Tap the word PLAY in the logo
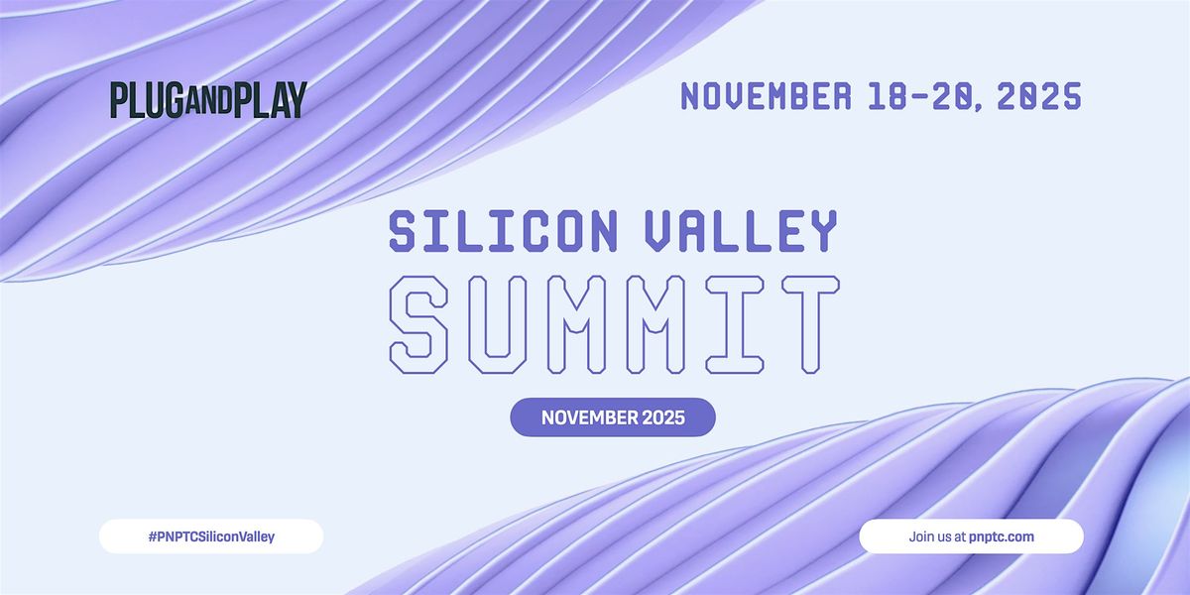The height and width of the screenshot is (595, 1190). [x=270, y=100]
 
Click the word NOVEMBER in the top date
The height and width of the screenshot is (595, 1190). [x=765, y=96]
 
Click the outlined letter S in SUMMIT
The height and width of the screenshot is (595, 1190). [x=424, y=325]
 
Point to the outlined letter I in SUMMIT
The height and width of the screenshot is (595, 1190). [x=738, y=325]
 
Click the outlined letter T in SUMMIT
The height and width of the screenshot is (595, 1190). [x=804, y=325]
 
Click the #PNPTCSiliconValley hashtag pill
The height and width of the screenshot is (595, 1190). [x=211, y=536]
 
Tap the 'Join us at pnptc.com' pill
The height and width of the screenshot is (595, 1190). [x=971, y=536]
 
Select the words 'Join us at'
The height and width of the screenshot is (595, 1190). [x=937, y=536]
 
